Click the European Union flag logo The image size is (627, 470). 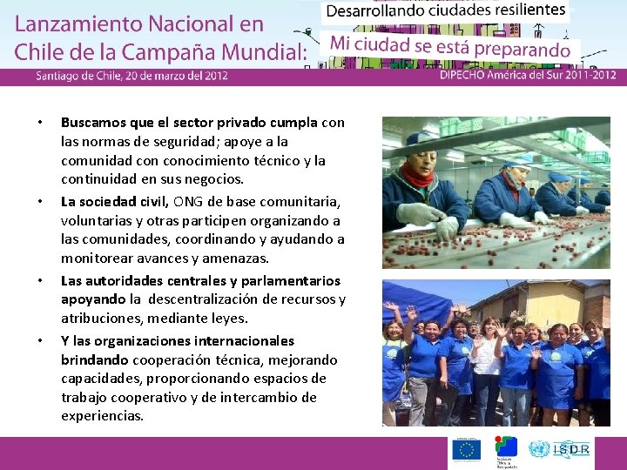[465, 449]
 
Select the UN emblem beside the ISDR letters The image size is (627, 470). [539, 449]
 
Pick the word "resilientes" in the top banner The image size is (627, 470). [519, 12]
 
